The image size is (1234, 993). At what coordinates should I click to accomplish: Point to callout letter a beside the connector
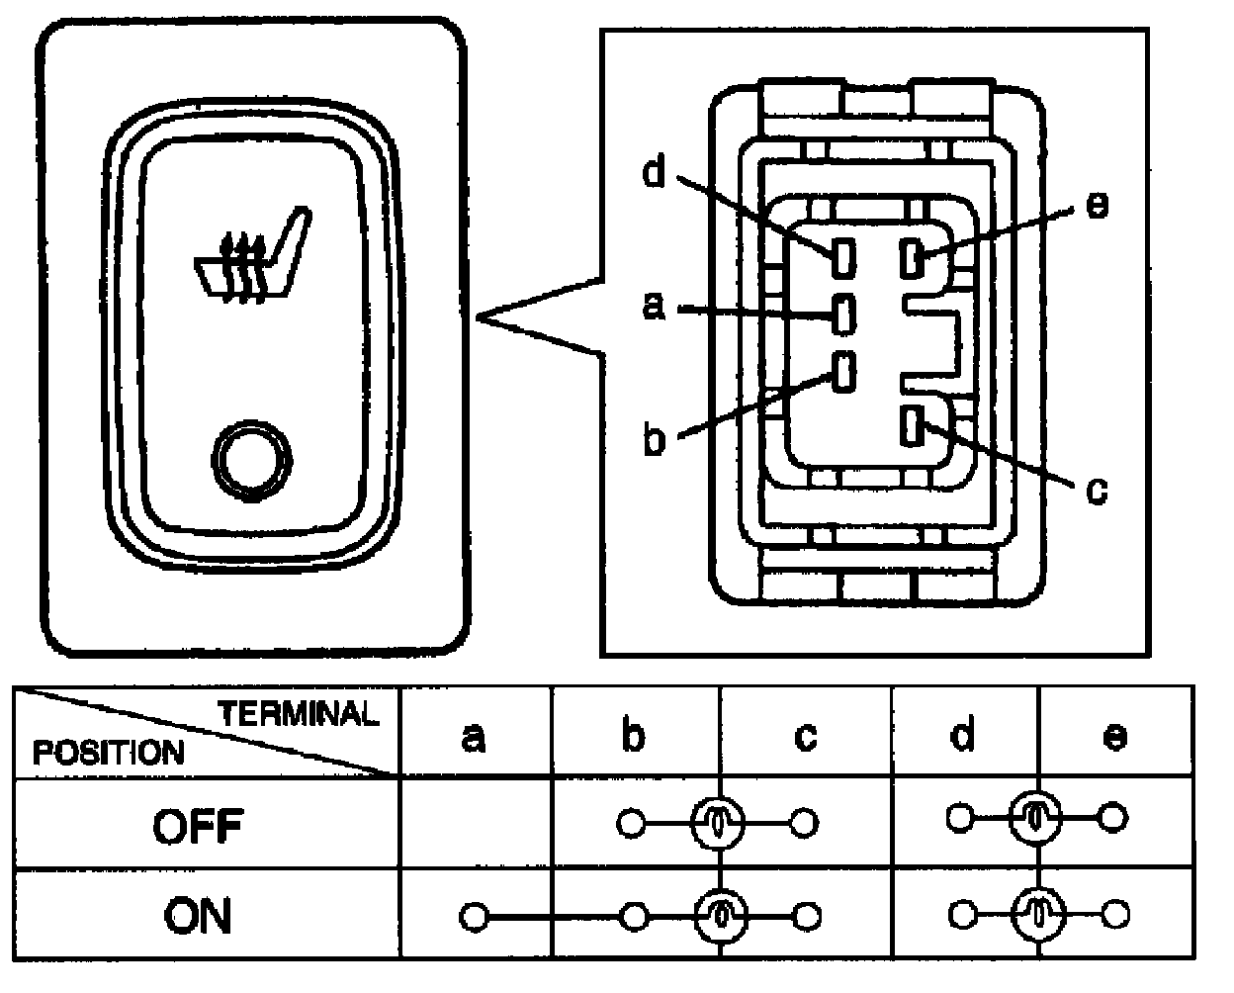(654, 308)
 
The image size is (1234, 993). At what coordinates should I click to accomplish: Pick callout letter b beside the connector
(654, 440)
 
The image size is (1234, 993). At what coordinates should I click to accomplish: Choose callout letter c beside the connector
(1097, 490)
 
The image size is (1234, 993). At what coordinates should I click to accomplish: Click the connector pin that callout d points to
(843, 257)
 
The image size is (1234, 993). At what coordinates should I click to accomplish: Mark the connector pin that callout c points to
(912, 426)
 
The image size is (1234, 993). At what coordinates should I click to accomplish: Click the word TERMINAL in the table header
(298, 714)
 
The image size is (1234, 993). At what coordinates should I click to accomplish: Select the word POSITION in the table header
(109, 753)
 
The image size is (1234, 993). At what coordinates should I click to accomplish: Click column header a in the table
(474, 737)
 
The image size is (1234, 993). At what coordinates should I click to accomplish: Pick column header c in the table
(805, 737)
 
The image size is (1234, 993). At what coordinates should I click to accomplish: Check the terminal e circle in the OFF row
(1114, 818)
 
